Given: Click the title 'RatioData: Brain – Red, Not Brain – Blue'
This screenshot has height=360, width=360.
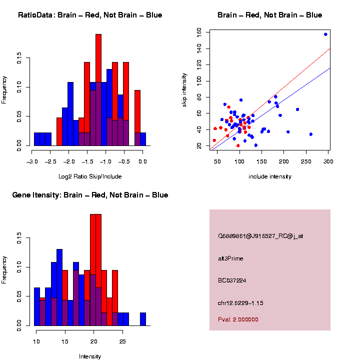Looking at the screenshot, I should (x=90, y=15).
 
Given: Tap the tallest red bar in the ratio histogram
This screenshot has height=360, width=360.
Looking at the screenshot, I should (x=98, y=90).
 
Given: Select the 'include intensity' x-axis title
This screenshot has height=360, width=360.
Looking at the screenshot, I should (x=270, y=176).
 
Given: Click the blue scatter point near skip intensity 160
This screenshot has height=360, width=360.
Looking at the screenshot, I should (x=325, y=34).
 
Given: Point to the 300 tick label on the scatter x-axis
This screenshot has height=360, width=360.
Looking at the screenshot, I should (x=328, y=162).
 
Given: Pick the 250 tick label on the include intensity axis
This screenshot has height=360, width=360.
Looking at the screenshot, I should (x=306, y=162).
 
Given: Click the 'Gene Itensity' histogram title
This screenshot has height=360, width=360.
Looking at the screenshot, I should (x=90, y=195).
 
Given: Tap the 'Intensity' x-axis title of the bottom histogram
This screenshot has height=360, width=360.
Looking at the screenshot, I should (x=90, y=356).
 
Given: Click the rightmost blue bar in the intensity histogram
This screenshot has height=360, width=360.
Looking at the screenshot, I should (x=143, y=319).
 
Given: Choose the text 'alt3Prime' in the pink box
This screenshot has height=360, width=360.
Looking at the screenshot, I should (x=230, y=258).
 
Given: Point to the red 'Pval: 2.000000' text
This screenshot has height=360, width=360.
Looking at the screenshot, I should (x=238, y=319).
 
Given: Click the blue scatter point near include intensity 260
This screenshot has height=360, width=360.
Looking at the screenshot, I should (x=310, y=134).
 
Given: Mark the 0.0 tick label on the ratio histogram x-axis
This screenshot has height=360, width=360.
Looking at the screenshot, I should (x=142, y=162).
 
